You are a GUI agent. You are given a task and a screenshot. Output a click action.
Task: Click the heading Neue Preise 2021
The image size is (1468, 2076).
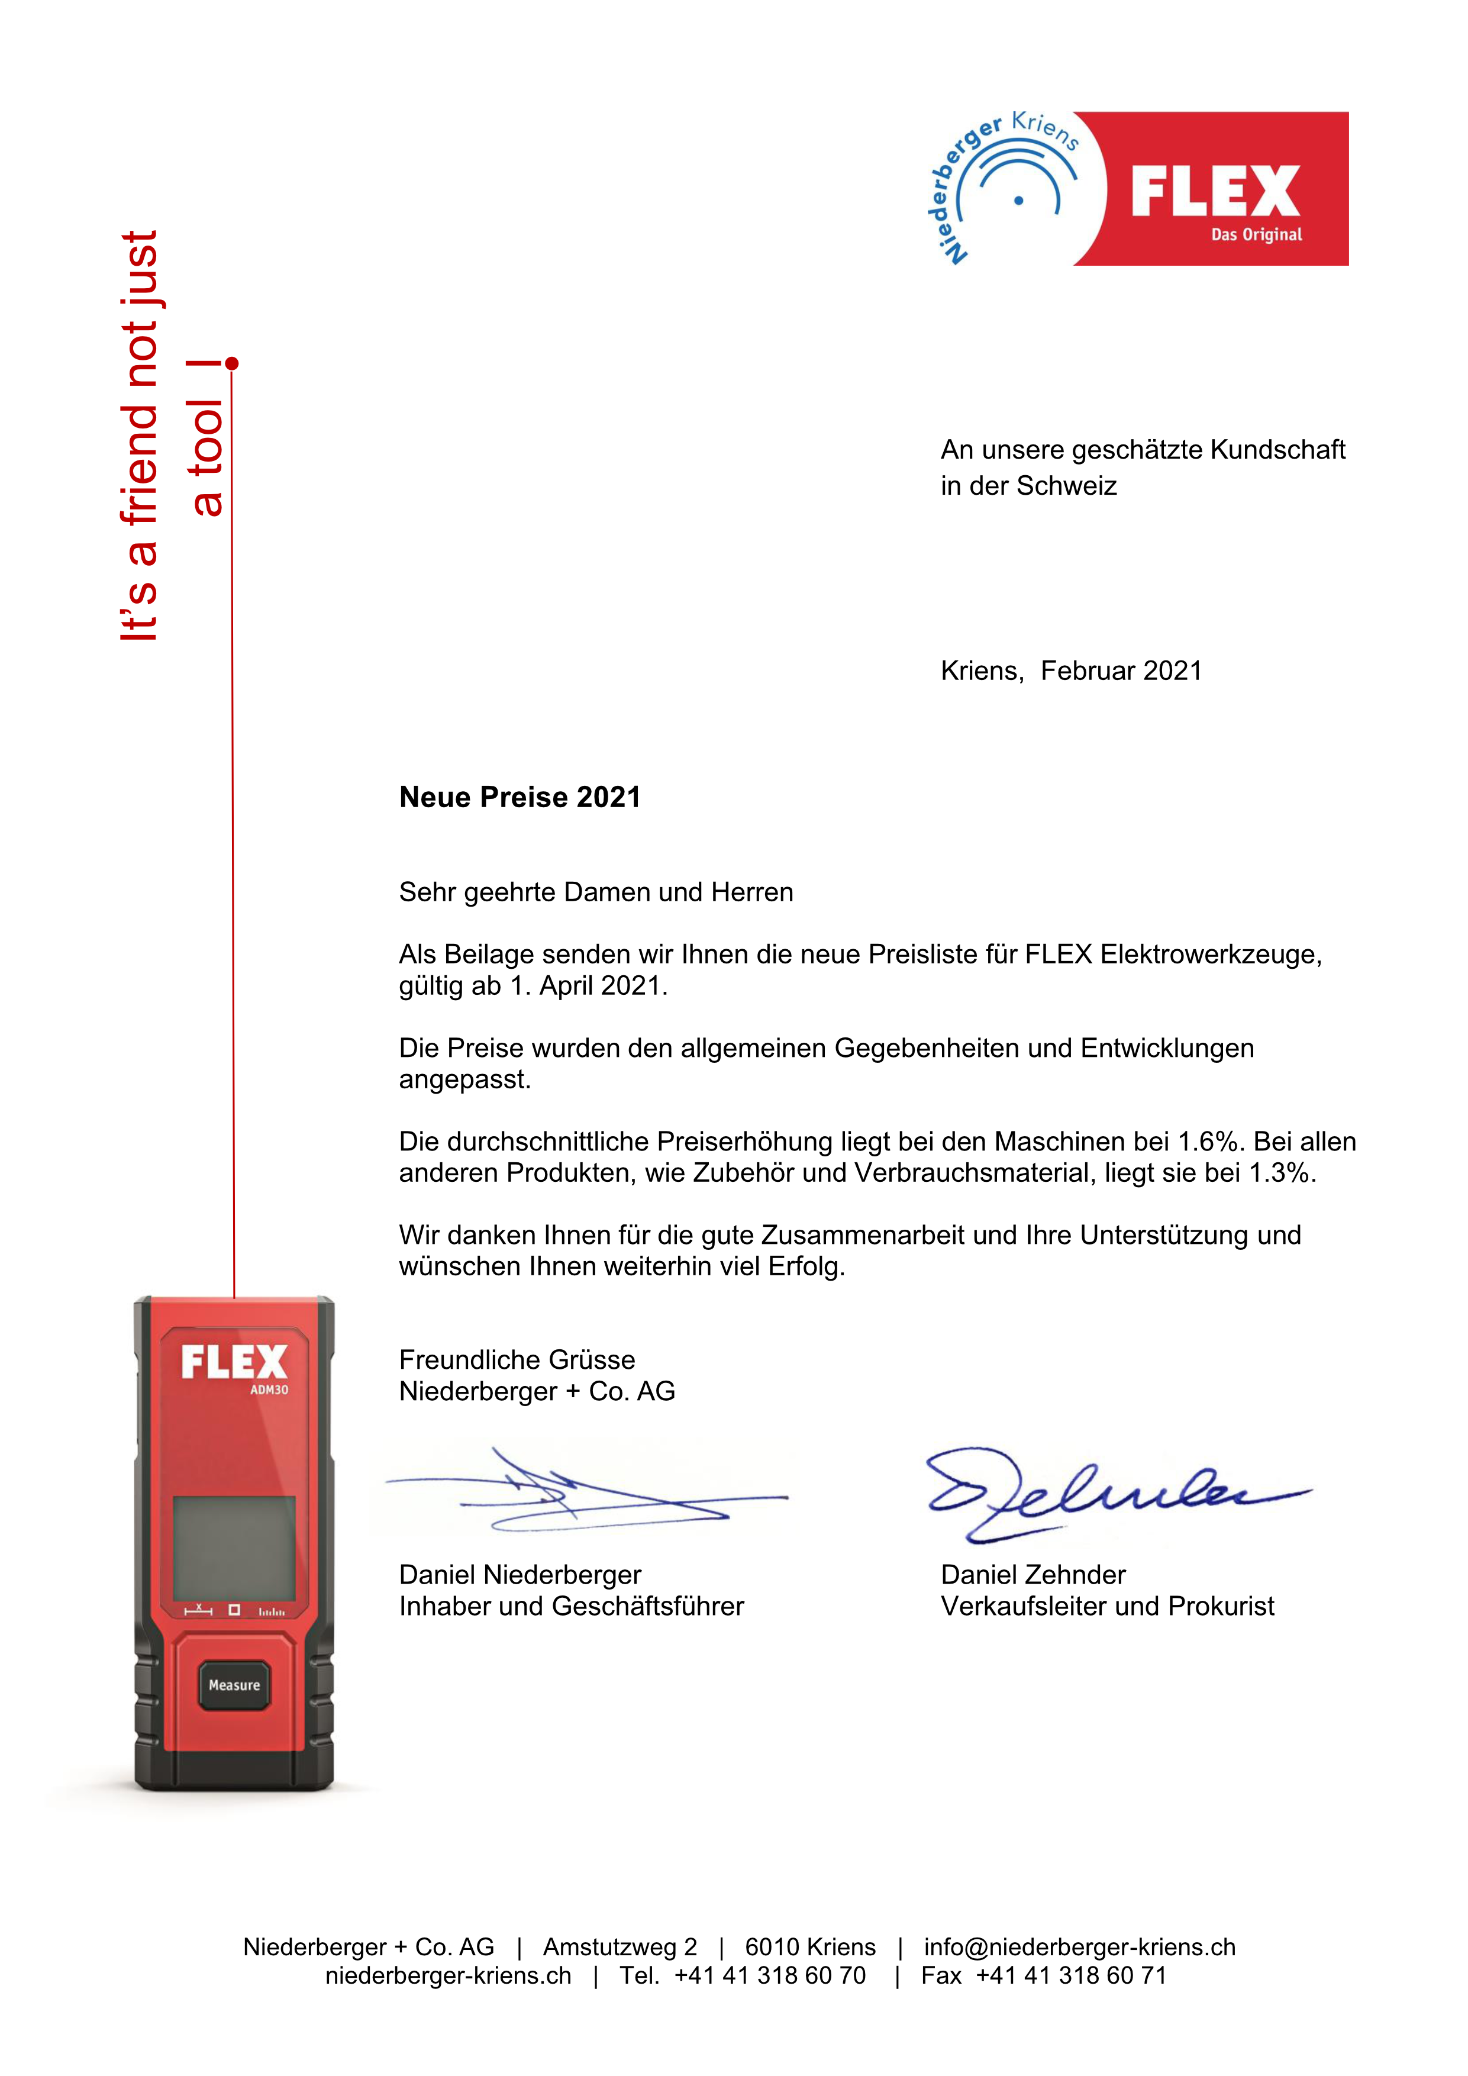point(520,798)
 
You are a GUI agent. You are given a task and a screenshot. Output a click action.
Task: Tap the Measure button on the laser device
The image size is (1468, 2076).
point(234,1685)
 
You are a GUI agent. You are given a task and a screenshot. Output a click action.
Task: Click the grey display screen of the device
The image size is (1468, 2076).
point(234,1548)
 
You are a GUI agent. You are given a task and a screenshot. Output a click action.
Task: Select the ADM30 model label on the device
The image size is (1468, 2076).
point(269,1390)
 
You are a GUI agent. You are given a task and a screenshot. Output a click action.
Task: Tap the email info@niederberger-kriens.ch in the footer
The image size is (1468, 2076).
point(1079,1947)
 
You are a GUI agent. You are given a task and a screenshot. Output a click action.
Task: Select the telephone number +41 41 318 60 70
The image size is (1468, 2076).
point(770,1975)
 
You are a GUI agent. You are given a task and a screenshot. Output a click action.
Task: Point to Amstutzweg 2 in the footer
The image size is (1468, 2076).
point(620,1947)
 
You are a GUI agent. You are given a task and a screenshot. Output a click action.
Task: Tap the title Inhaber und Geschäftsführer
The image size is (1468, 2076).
point(572,1607)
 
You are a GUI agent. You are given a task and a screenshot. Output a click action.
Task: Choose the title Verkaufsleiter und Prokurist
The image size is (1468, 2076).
point(1107,1607)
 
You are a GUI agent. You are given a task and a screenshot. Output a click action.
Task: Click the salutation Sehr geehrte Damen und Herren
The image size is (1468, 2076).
point(596,892)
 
